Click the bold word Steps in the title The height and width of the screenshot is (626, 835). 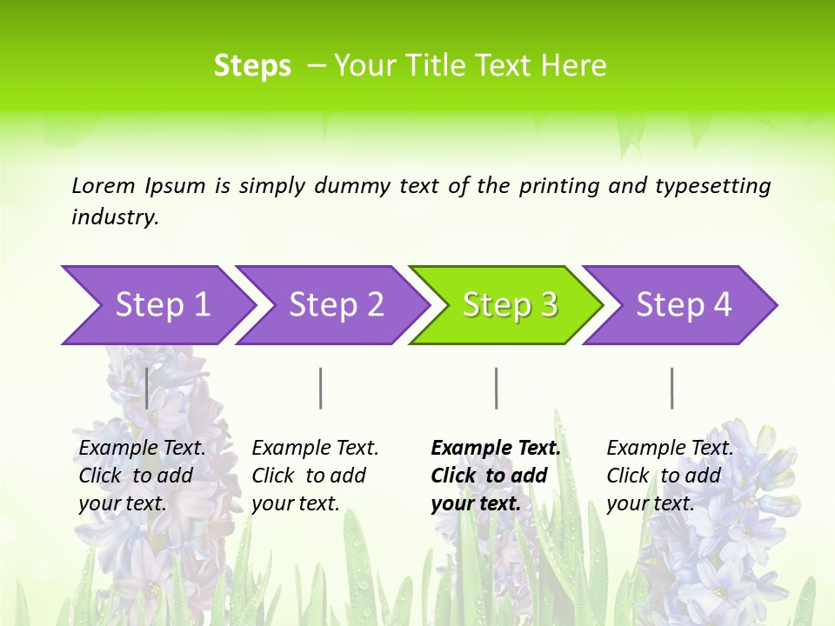click(252, 66)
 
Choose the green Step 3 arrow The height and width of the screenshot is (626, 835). click(510, 305)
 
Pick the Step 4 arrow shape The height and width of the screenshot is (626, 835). click(684, 305)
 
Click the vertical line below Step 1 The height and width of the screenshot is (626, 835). click(147, 388)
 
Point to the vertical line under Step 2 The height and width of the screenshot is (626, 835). click(321, 388)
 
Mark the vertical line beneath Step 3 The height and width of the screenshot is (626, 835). click(496, 388)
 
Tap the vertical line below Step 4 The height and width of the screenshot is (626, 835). click(671, 388)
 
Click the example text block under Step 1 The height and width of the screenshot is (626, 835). click(142, 476)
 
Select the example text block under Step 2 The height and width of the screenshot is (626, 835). click(315, 476)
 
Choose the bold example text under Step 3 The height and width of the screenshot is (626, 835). click(495, 476)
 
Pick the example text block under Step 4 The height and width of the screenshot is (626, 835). click(670, 476)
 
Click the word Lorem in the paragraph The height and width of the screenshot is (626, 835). click(104, 186)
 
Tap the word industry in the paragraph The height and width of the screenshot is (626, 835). click(115, 217)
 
